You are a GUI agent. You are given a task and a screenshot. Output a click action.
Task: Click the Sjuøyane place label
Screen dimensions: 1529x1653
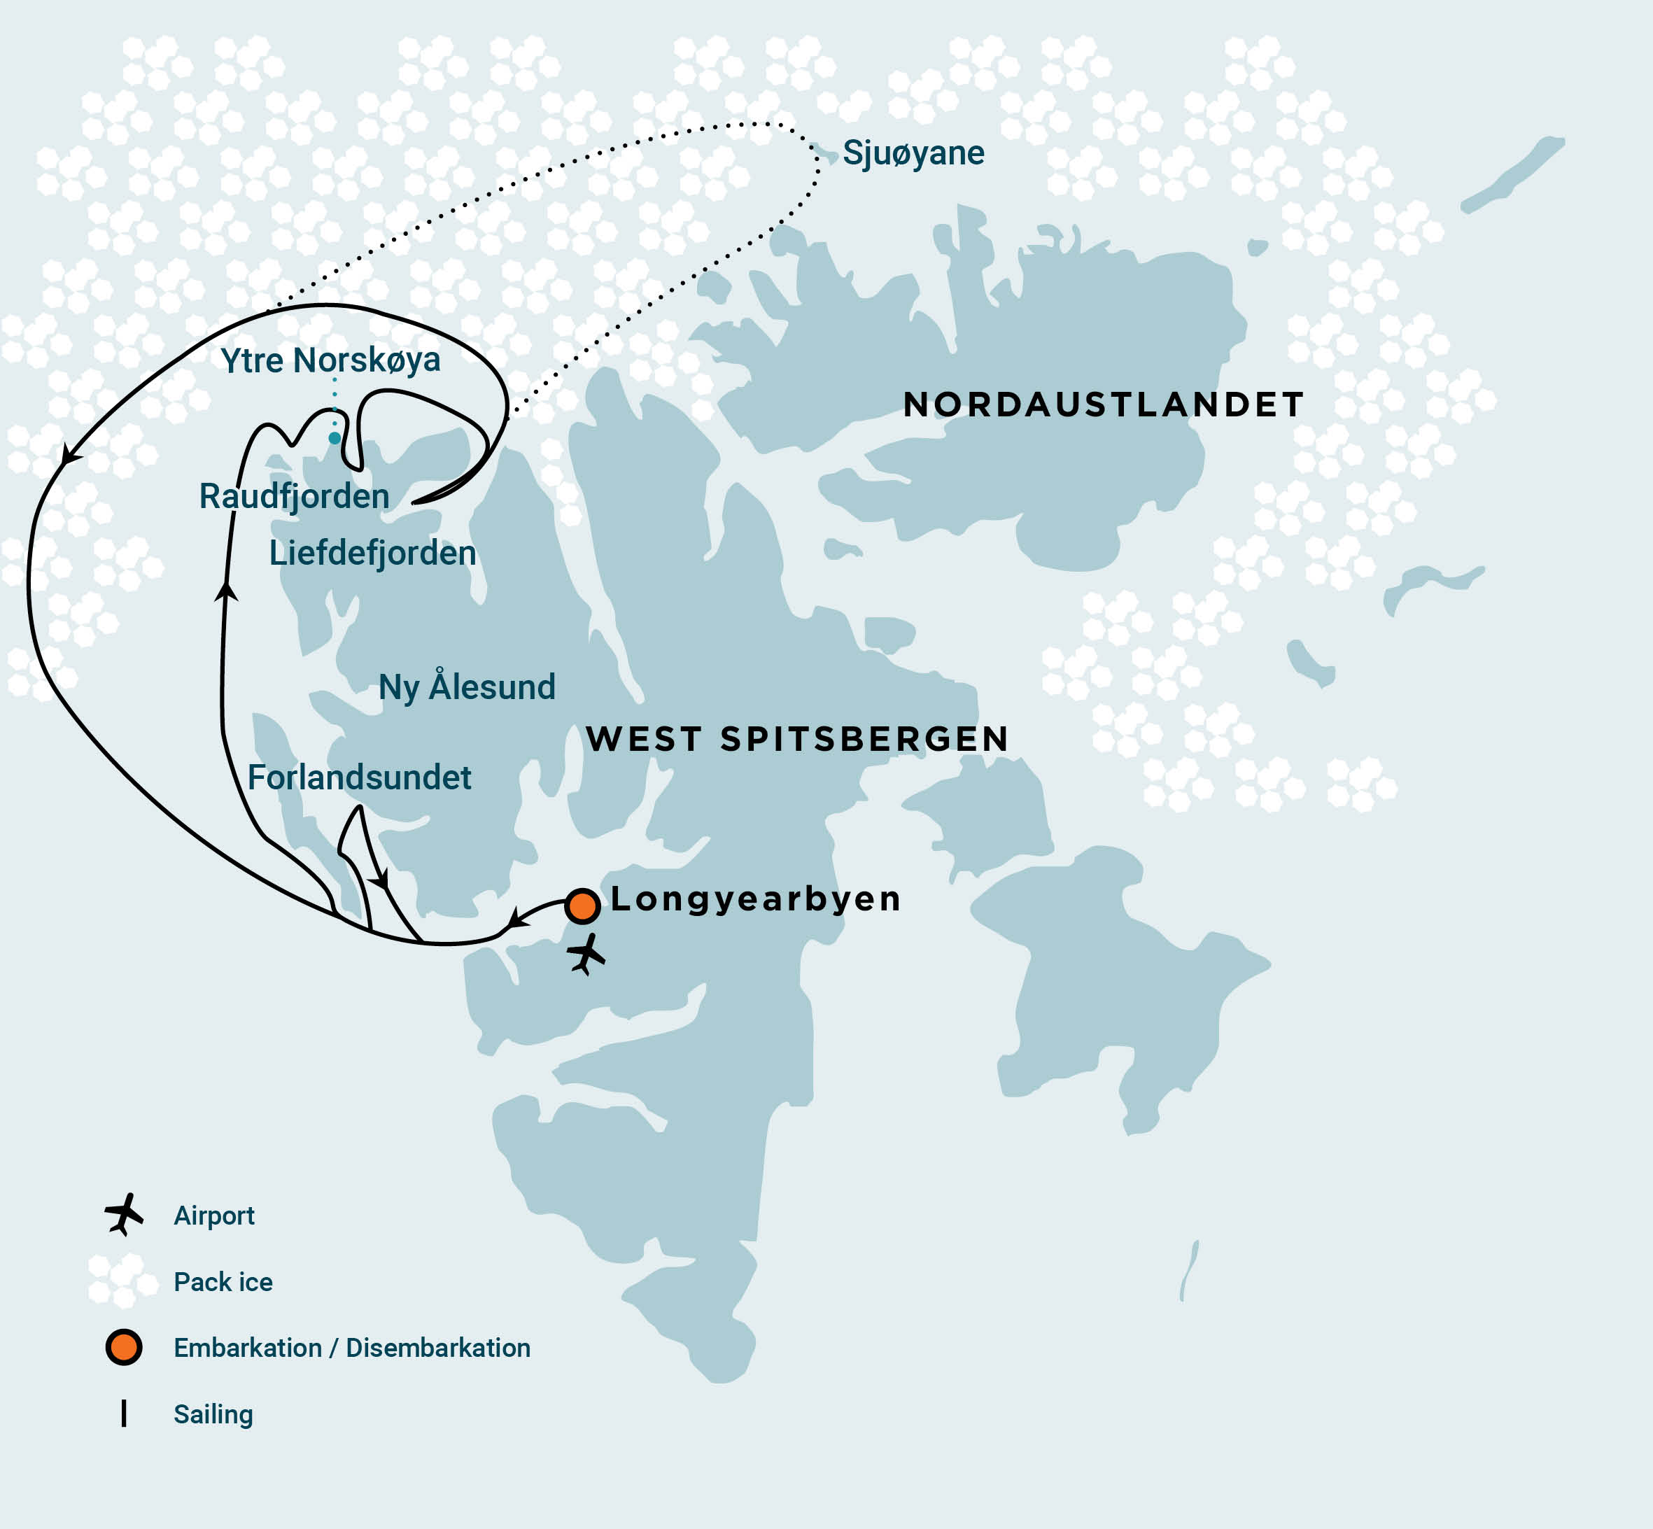click(x=913, y=153)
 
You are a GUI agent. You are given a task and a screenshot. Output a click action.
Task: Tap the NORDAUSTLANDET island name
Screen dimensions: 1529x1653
click(x=1103, y=405)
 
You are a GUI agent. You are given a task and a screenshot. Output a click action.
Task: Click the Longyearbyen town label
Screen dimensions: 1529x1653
click(x=755, y=899)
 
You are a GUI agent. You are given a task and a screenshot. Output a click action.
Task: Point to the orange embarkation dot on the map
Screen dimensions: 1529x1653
click(x=582, y=906)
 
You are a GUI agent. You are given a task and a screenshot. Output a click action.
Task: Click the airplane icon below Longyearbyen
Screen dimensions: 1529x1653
click(x=586, y=954)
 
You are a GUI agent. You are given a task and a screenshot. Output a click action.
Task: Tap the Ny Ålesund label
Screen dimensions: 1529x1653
click(x=467, y=688)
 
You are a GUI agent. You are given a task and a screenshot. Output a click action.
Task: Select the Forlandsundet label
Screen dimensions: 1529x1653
click(x=359, y=777)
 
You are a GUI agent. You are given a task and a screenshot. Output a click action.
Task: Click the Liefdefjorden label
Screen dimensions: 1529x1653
click(x=372, y=553)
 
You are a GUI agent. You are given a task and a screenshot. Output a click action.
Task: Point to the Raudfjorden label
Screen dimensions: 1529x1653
click(x=294, y=496)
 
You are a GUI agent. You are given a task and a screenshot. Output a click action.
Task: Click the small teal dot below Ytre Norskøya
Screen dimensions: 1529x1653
click(x=335, y=437)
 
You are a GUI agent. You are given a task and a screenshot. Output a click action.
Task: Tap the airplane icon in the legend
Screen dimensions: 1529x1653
click(x=124, y=1215)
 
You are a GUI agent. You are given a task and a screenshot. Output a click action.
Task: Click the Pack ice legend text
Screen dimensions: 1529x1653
click(x=223, y=1281)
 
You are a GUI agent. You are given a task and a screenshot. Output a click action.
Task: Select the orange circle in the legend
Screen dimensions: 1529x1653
click(x=124, y=1348)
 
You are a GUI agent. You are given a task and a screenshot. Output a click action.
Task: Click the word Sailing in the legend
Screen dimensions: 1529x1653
click(x=213, y=1414)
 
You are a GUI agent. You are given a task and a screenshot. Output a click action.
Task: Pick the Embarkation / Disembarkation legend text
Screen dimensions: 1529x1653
click(x=351, y=1348)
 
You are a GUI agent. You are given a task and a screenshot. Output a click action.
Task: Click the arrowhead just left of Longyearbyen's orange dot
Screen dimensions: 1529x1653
click(x=517, y=918)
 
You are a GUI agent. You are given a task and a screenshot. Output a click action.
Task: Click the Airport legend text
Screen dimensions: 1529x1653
click(x=213, y=1216)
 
